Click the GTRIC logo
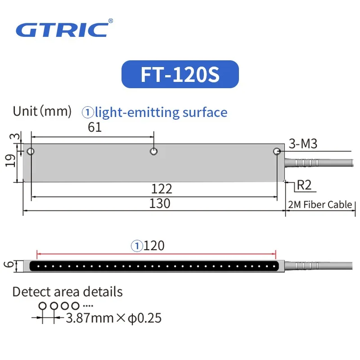pos(62,30)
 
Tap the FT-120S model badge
pos(180,74)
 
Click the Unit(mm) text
pos(42,111)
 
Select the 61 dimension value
pos(94,127)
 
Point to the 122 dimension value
pos(162,189)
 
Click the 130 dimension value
pos(160,203)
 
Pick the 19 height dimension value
pos(10,161)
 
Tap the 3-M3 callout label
pos(303,144)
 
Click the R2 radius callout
pos(304,185)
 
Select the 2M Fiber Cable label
pos(320,205)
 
